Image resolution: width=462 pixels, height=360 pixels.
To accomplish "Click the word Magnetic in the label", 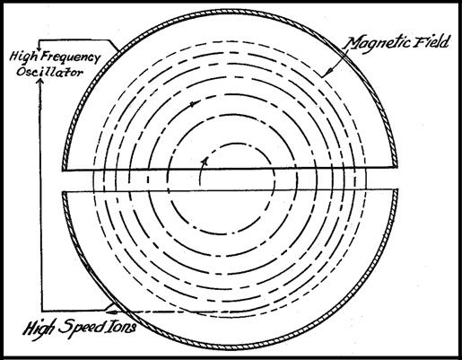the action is tap(376, 44).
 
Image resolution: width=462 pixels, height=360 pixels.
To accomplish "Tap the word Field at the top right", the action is tap(431, 41).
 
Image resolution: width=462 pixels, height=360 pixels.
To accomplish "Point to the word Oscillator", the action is tap(49, 72).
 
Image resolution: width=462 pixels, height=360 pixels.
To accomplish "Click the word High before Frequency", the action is tap(24, 57).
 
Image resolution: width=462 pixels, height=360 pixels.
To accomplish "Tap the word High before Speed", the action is tap(39, 329).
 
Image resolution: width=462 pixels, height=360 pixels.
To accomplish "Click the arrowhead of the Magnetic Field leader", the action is tap(328, 72).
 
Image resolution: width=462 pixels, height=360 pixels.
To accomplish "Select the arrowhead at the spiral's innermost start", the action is tap(205, 161).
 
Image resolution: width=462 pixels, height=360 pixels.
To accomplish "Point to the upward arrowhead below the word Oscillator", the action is tap(41, 80).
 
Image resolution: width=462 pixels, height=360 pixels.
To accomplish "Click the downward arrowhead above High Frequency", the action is tap(39, 48).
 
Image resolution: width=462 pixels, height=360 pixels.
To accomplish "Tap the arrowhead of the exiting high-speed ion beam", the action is tap(111, 312).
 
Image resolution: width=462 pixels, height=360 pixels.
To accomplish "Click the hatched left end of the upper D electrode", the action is tap(64, 165).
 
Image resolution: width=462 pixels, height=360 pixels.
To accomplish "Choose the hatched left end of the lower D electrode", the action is tap(64, 196).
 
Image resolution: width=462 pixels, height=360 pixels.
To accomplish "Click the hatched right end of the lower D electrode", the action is tap(396, 195).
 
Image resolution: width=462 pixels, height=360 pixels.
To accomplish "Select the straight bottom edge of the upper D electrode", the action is tap(230, 169).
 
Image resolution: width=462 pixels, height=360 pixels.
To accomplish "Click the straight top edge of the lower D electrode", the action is tap(230, 190).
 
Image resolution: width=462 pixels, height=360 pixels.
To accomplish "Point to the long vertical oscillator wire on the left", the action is tap(41, 195).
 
